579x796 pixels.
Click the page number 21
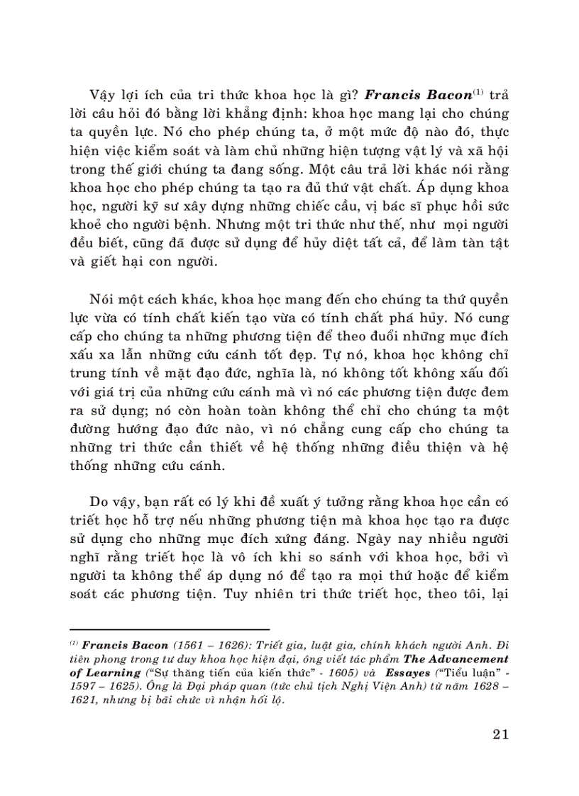point(500,734)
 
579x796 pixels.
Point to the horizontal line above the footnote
point(170,629)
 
